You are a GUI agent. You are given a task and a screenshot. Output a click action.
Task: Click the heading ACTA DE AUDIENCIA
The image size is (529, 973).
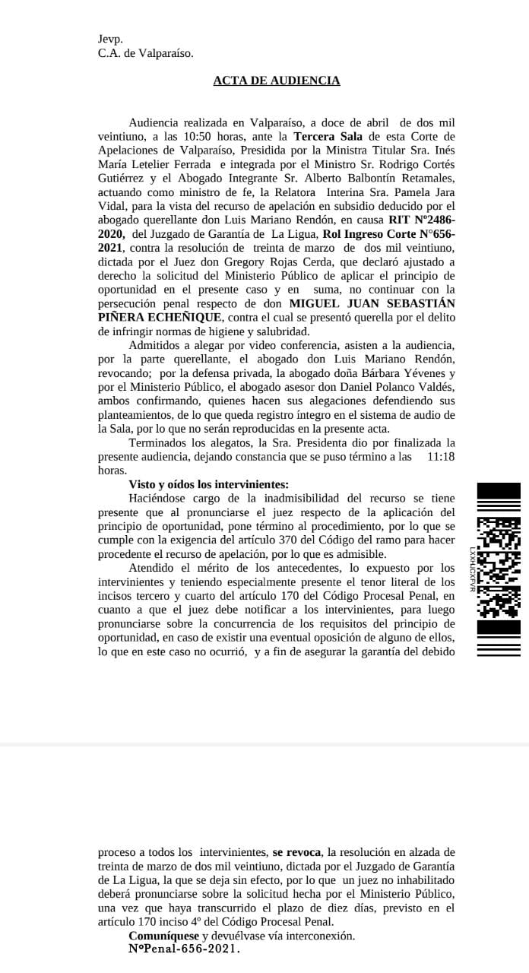point(277,81)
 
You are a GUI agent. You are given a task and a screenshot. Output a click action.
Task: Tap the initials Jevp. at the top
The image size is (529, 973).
point(110,39)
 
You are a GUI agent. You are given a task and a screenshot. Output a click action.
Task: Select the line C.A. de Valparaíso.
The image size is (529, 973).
point(146,53)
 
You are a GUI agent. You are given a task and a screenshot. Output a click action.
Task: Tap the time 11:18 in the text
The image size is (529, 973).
point(442,456)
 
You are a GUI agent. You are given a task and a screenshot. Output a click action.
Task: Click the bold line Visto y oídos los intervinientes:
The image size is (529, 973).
point(209,484)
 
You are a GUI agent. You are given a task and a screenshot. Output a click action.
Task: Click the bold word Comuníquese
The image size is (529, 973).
point(163,936)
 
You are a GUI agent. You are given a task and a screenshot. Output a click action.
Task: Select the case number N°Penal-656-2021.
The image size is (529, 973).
point(184,949)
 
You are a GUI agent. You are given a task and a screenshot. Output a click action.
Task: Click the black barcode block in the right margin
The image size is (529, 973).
point(499,568)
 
